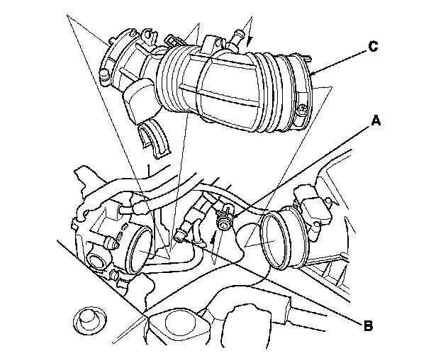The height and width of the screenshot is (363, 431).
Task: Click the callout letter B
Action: point(366,327)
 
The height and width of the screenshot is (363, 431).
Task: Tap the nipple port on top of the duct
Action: point(234,45)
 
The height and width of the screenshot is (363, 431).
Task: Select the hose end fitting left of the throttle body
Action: point(139,207)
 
